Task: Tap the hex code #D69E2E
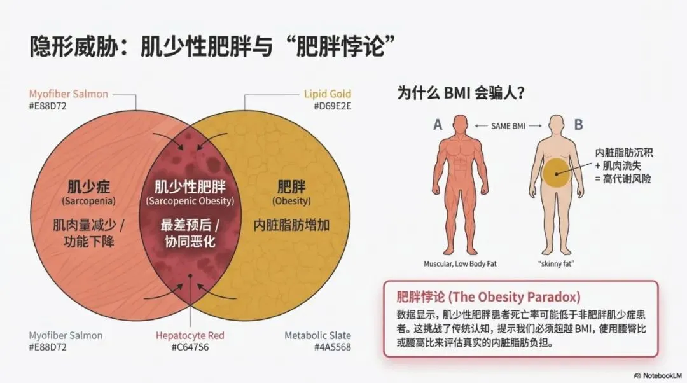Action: tap(332, 106)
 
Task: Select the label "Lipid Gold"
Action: tap(327, 94)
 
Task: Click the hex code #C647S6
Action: tap(190, 347)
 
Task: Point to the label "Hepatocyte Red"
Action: tap(190, 335)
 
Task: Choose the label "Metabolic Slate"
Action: tap(317, 335)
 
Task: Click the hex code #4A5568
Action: tap(331, 347)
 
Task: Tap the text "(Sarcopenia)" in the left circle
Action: tap(89, 201)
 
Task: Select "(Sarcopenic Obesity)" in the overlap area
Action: tap(190, 201)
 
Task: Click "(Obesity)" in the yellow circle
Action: tap(291, 201)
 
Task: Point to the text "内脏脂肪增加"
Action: tap(291, 225)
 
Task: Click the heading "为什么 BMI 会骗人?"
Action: tap(461, 94)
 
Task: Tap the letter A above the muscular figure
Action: tap(438, 125)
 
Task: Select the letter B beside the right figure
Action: tap(578, 125)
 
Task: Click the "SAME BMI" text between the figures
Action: tap(509, 126)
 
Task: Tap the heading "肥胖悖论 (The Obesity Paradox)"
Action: tap(488, 297)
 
